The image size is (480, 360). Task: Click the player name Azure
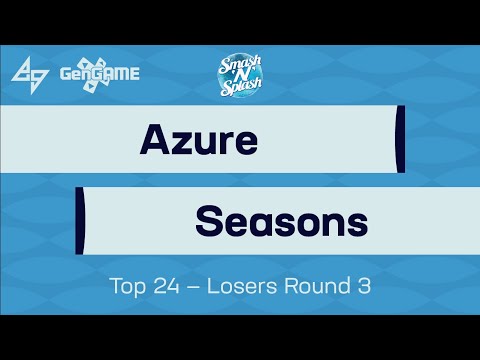click(x=198, y=139)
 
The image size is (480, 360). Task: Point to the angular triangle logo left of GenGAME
click(x=29, y=72)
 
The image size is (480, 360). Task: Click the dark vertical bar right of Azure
click(x=400, y=139)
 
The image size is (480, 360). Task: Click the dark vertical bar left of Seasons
click(x=79, y=218)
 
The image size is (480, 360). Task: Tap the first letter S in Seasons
click(x=207, y=218)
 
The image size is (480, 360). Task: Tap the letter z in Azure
click(x=181, y=142)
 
